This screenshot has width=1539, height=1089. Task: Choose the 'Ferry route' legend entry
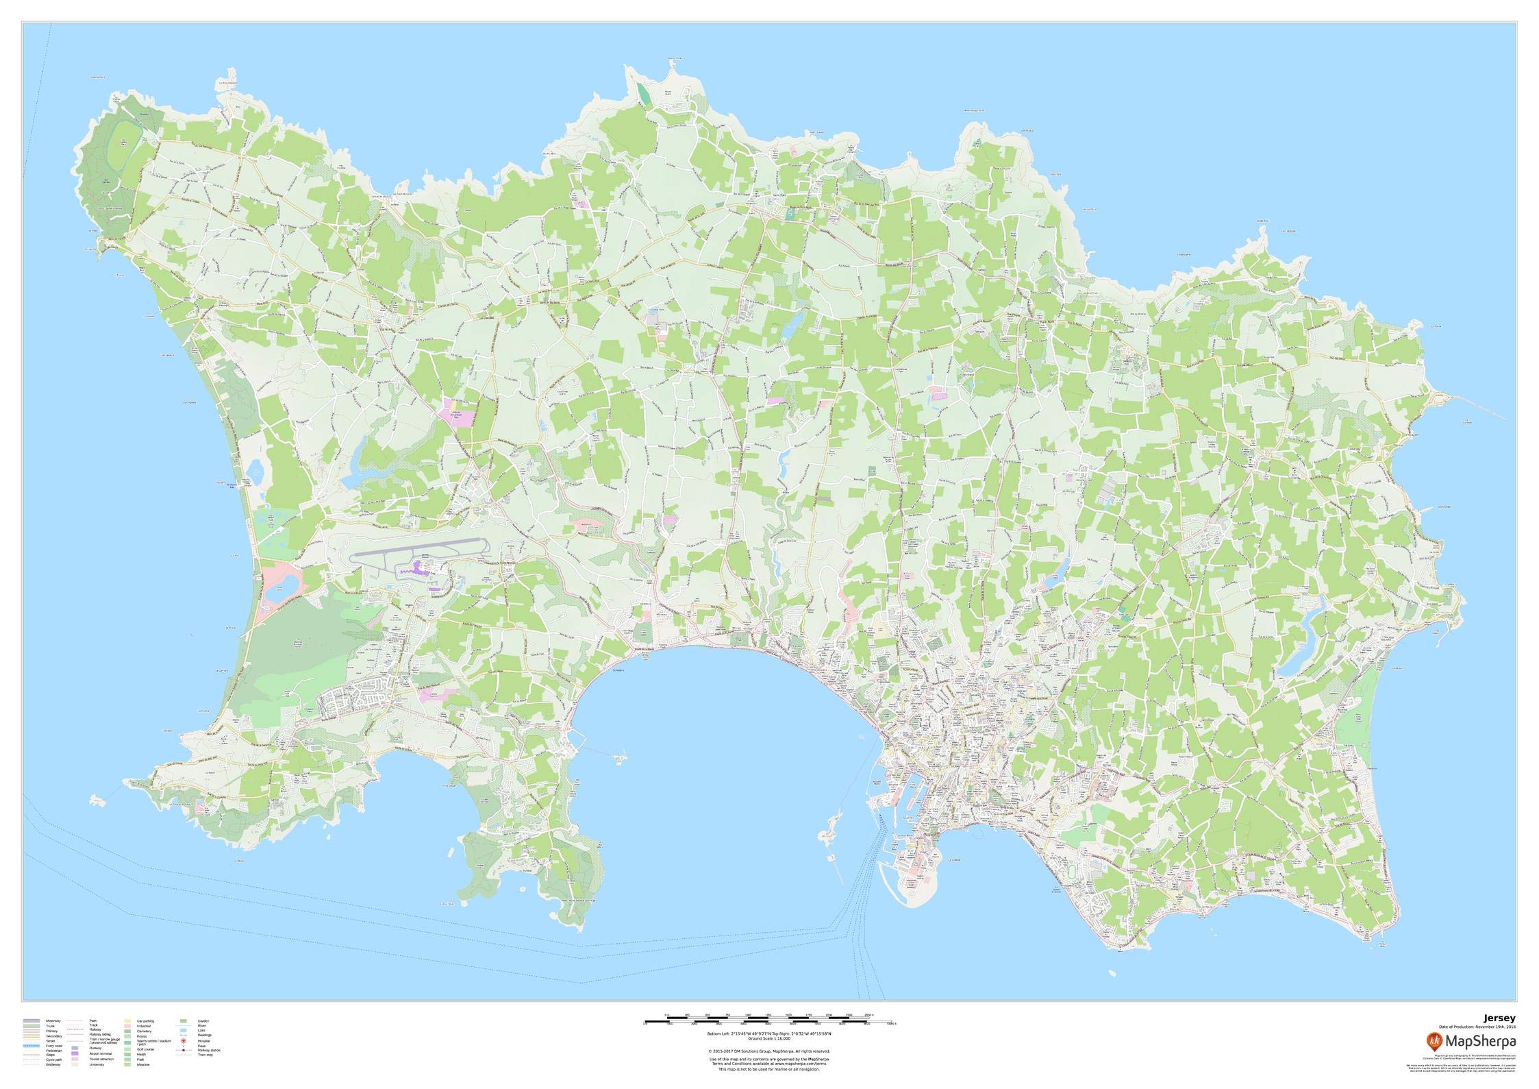click(54, 1046)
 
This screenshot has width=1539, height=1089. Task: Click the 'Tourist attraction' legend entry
click(101, 1059)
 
